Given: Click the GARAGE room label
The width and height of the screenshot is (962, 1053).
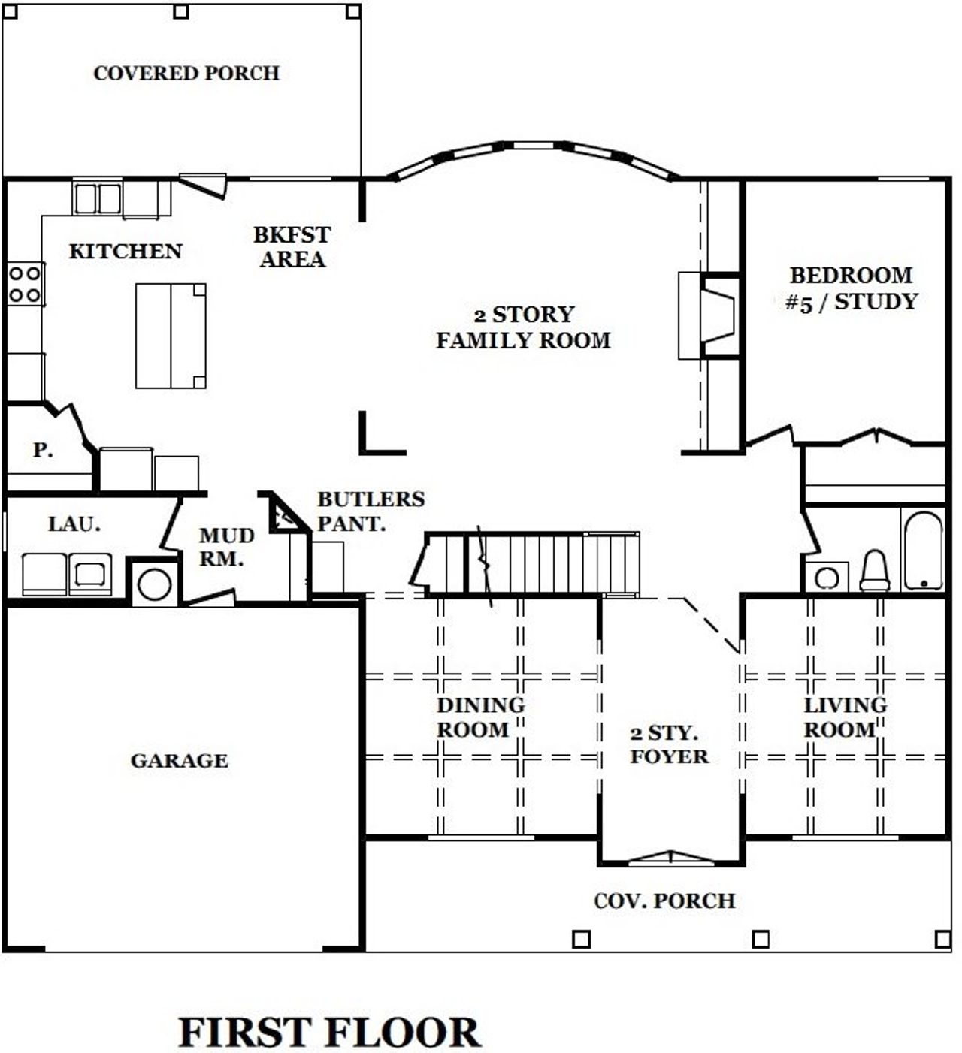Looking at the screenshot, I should [x=179, y=760].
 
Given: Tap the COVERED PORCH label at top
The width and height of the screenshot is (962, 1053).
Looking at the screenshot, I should [x=186, y=73].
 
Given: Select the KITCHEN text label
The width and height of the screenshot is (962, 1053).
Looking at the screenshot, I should [x=126, y=251].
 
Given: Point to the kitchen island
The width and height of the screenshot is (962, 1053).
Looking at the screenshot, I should [x=171, y=335].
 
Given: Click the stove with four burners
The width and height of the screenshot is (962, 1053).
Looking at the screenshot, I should [x=24, y=284].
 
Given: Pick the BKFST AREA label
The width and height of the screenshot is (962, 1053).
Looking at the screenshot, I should [x=292, y=246].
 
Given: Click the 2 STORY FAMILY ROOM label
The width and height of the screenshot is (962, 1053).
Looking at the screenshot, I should [x=523, y=327].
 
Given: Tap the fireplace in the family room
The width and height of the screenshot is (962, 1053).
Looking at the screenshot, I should [x=710, y=315].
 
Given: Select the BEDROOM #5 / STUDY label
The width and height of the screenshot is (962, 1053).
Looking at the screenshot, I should [x=851, y=288].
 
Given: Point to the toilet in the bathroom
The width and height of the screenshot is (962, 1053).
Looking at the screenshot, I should [x=875, y=571].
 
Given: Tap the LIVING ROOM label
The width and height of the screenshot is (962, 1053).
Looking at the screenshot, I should [x=845, y=717].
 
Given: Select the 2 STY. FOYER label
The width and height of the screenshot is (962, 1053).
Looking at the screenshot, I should [x=668, y=744].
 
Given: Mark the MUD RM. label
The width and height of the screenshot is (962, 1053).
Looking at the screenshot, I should [x=225, y=548].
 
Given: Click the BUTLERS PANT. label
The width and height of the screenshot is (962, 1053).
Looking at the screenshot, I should [x=370, y=511].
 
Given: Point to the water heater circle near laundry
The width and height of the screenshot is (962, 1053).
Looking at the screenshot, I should [x=155, y=584].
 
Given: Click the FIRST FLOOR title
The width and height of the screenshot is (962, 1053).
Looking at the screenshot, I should [x=329, y=1032].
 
